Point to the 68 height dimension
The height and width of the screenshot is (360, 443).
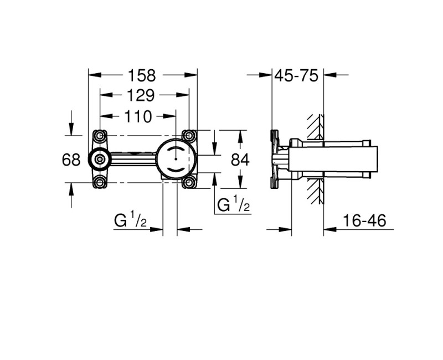pos(71,160)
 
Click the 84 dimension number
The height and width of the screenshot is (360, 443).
pos(239,160)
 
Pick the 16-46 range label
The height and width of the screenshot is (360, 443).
pos(364,221)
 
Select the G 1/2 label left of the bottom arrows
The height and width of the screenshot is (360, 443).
pos(130,221)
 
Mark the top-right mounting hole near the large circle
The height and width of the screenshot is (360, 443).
pos(189,136)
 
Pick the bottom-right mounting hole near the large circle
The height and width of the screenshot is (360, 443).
pos(189,182)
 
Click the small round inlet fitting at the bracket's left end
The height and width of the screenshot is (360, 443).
pos(99,160)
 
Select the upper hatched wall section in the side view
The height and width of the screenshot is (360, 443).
pos(315,127)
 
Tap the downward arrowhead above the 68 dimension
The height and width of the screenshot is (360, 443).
pos(71,131)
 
